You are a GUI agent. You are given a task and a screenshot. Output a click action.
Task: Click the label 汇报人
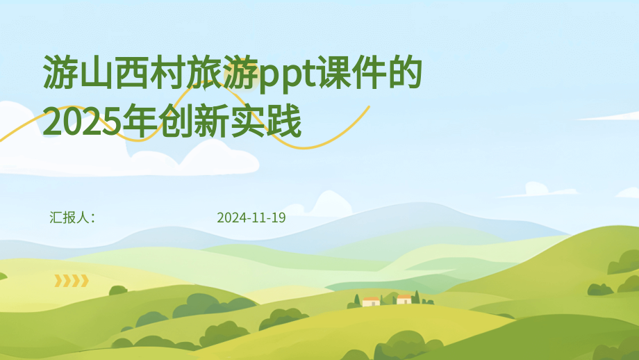tap(69, 218)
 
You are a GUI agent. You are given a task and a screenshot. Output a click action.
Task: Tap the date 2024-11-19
tap(251, 218)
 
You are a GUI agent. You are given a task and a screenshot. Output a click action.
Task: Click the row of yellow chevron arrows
tap(72, 281)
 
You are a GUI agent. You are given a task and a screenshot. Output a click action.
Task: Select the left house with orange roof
tap(371, 301)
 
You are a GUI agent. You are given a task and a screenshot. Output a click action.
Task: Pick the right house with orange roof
tap(404, 299)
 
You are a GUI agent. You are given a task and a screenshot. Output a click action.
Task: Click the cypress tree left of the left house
tap(357, 300)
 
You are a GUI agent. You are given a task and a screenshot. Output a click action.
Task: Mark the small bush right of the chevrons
tap(118, 290)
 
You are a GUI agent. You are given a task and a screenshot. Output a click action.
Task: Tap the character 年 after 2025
tap(133, 122)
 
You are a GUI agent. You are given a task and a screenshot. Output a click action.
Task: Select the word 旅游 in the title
tap(223, 74)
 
